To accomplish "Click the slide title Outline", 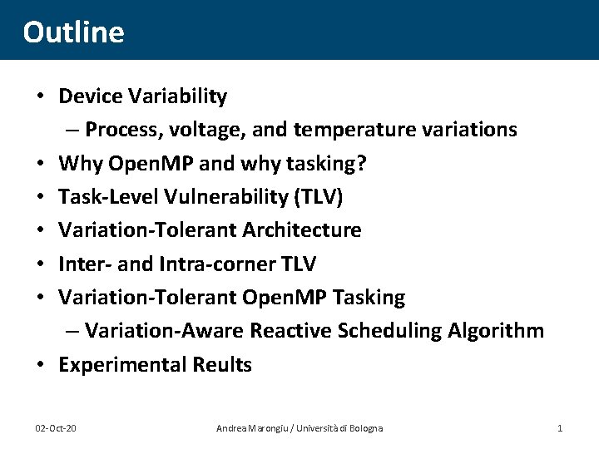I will (73, 32).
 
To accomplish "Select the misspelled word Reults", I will (222, 364).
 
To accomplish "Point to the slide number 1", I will (560, 427).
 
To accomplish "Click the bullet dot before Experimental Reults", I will (39, 364).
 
